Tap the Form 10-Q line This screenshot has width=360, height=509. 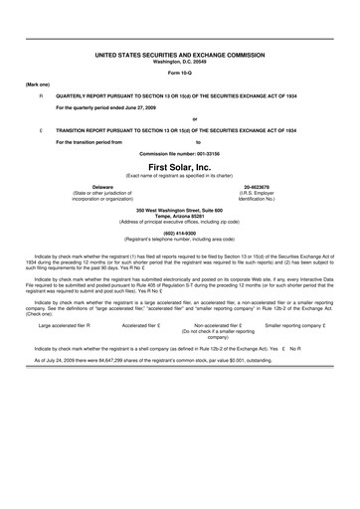coord(181,74)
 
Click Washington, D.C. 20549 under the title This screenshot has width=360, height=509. coord(181,63)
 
